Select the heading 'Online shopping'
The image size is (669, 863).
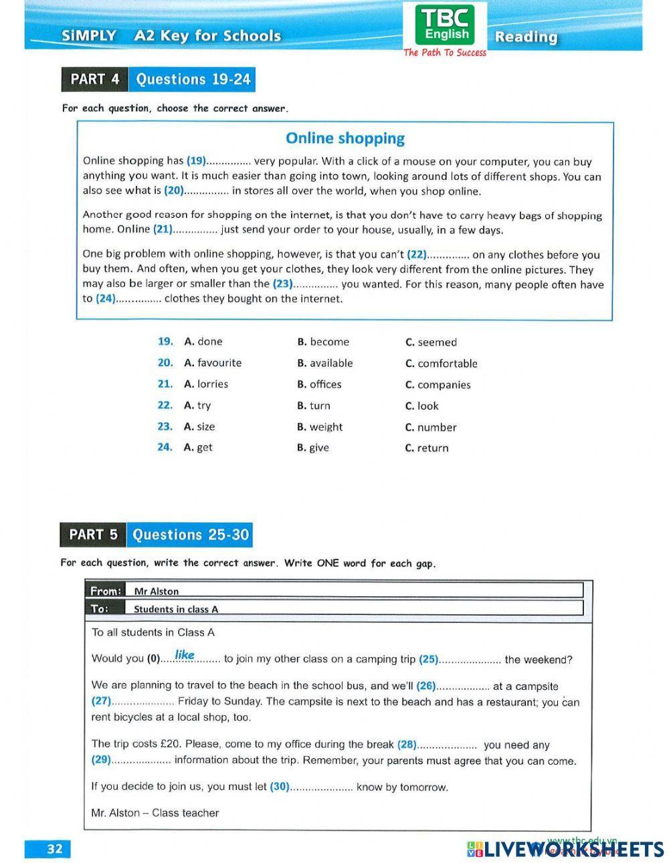pyautogui.click(x=345, y=138)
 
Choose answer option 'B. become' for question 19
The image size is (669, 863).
pyautogui.click(x=323, y=342)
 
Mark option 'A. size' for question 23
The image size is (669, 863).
pyautogui.click(x=199, y=426)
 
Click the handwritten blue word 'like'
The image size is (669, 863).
pyautogui.click(x=185, y=654)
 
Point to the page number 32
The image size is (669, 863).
pyautogui.click(x=54, y=848)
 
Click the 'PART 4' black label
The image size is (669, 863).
pyautogui.click(x=94, y=80)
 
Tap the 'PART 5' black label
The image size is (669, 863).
pyautogui.click(x=93, y=535)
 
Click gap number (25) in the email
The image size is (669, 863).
pyautogui.click(x=428, y=659)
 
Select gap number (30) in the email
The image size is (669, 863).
pyautogui.click(x=280, y=787)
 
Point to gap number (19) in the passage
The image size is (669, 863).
pyautogui.click(x=196, y=160)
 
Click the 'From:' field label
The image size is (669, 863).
pyautogui.click(x=106, y=591)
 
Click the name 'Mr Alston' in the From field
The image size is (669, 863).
pyautogui.click(x=157, y=591)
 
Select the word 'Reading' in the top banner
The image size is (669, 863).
pyautogui.click(x=526, y=37)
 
